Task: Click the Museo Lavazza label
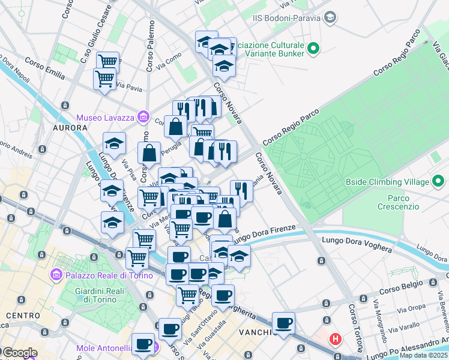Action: pyautogui.click(x=106, y=116)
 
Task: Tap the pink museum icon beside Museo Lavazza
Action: pyautogui.click(x=143, y=116)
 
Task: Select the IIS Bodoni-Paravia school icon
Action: pyautogui.click(x=330, y=18)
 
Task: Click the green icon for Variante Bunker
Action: pyautogui.click(x=312, y=48)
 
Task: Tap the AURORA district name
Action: pyautogui.click(x=71, y=128)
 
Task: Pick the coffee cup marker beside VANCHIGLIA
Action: pyautogui.click(x=284, y=323)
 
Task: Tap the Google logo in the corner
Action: pyautogui.click(x=19, y=353)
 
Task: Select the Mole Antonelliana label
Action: pyautogui.click(x=113, y=348)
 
